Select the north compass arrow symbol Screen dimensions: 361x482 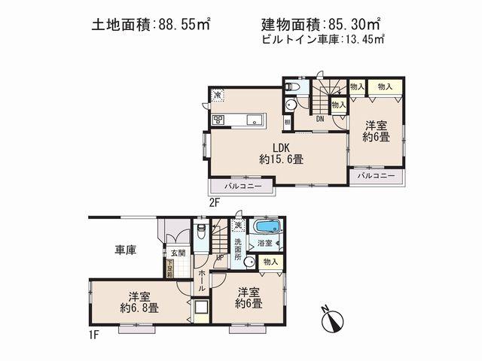tap(333, 320)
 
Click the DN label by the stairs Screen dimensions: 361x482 tap(320, 119)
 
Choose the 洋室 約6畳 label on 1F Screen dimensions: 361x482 tap(247, 298)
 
